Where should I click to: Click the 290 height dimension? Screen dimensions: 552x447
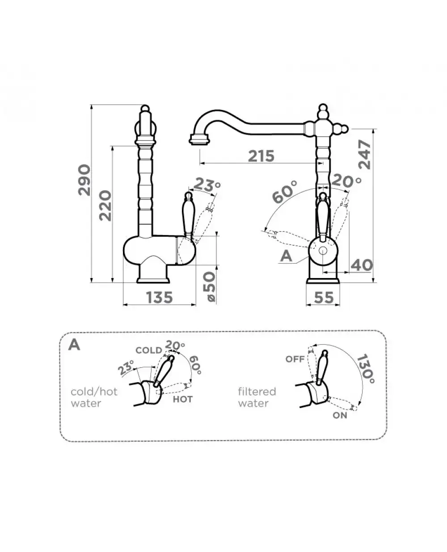coord(84,180)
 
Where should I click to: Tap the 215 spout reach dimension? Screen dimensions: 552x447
coord(261,156)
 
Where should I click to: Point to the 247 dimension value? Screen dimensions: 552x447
coord(364,154)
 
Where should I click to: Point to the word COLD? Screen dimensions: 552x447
coord(148,350)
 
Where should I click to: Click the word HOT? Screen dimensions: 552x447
coord(183,398)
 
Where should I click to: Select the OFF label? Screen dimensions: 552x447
coord(295,359)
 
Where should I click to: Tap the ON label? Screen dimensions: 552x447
coord(340,415)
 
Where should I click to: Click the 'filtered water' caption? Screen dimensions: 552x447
coord(257,397)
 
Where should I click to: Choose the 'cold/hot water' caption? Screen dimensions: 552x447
coord(94,397)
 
